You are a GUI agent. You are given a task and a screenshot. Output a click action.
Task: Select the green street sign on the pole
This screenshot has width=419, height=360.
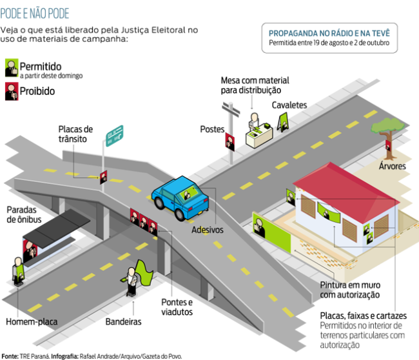(115, 134)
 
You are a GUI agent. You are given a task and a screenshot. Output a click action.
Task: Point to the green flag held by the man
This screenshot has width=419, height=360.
(143, 275)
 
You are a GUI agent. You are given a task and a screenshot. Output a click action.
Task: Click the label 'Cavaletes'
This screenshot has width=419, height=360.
(289, 105)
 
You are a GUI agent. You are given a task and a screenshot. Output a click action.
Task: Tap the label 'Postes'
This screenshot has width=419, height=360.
(212, 129)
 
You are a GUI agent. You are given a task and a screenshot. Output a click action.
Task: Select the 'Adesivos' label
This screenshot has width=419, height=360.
(207, 229)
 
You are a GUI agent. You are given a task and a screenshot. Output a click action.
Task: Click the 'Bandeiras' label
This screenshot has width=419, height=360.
(123, 321)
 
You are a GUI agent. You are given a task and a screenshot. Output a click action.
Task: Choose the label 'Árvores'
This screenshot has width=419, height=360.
(393, 166)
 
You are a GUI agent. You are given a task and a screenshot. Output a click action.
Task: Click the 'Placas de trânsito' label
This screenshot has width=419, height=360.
(76, 134)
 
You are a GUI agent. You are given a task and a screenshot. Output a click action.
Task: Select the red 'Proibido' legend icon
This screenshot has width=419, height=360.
(11, 91)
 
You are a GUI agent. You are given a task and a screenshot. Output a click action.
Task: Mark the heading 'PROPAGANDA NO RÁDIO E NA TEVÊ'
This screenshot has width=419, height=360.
(329, 33)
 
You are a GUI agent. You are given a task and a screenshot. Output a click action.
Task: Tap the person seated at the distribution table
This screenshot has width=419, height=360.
(255, 121)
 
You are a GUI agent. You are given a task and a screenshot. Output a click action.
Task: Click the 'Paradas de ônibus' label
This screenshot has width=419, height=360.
(24, 215)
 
